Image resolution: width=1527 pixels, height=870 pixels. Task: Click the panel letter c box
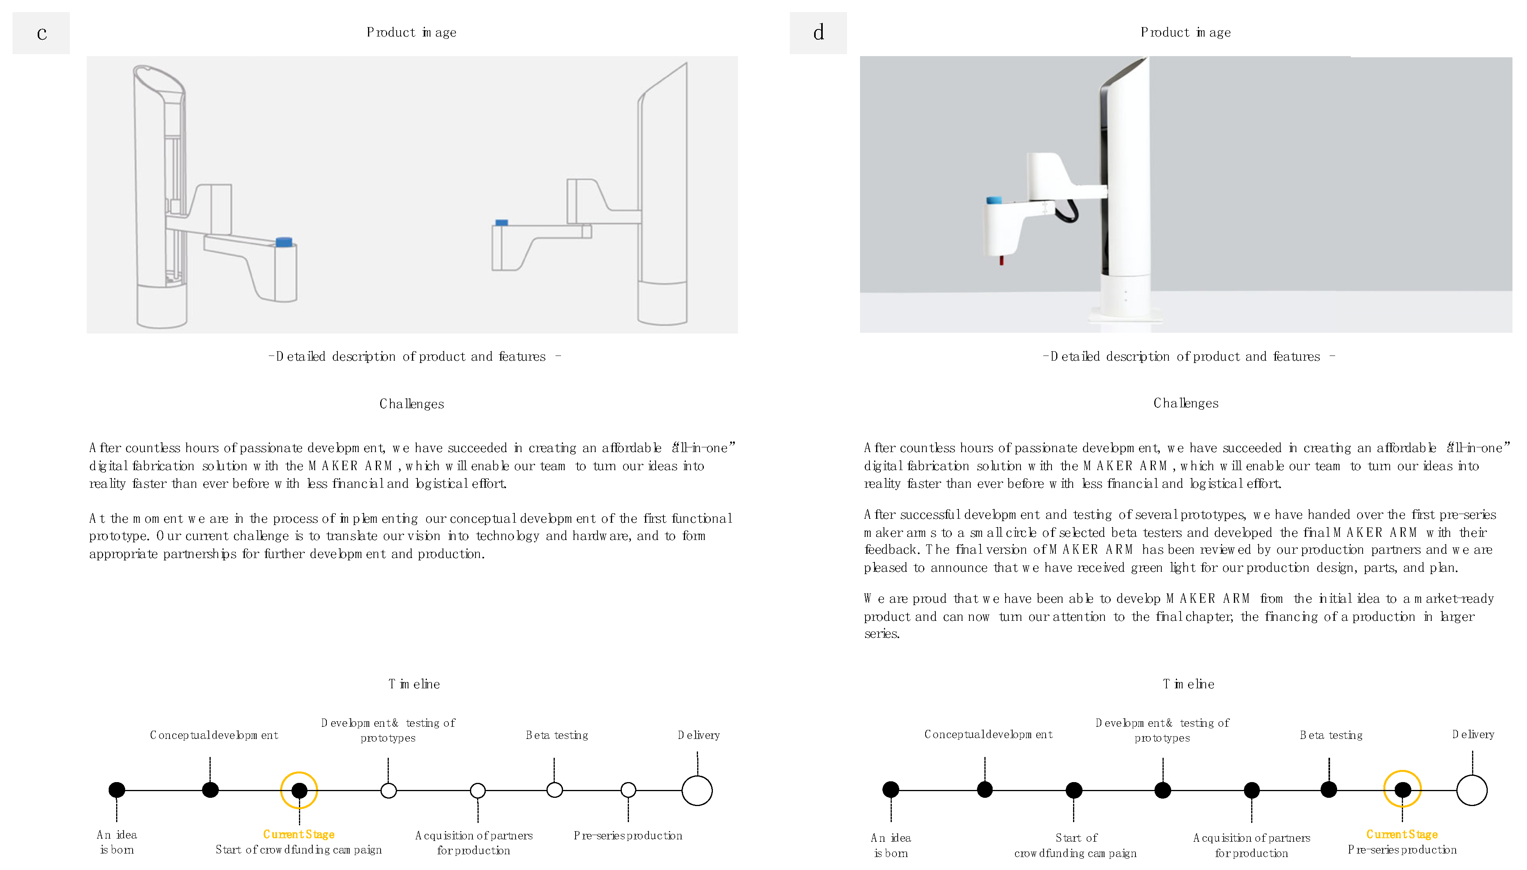41,33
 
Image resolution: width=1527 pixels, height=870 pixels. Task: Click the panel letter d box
818,33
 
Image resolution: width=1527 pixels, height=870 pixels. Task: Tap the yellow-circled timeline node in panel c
299,790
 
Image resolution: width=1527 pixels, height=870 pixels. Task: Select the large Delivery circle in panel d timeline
1471,790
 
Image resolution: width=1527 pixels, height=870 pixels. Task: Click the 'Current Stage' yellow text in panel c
299,834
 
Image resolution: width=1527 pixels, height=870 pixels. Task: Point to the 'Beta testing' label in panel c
557,735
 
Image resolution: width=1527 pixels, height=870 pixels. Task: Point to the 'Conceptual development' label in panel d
988,734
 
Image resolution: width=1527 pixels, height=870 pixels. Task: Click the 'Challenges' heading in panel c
412,404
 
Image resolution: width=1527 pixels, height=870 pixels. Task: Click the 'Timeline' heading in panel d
1188,684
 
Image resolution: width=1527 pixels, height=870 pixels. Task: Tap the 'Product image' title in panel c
412,32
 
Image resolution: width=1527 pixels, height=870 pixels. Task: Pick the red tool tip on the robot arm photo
1001,261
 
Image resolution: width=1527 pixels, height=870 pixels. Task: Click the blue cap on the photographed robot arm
994,200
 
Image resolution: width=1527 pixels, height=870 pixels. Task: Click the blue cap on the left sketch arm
284,242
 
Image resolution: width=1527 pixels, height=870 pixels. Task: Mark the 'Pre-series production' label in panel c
628,835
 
